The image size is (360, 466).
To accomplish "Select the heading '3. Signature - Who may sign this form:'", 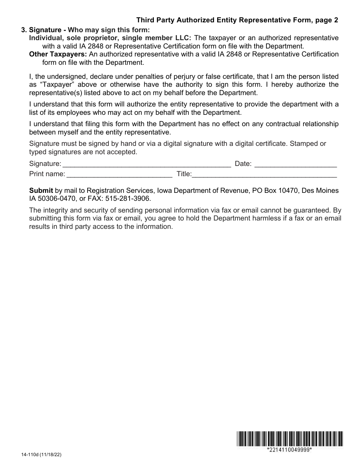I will [x=86, y=30].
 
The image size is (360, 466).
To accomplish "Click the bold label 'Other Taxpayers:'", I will [x=58, y=54].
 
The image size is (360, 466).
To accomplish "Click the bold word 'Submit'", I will [x=41, y=191].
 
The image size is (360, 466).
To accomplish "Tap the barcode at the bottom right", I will [x=290, y=439].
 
